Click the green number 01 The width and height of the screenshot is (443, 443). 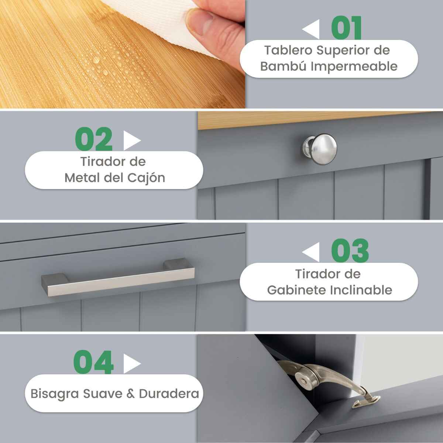point(346,28)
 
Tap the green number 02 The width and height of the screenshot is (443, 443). point(94,139)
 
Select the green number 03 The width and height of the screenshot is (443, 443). point(350,251)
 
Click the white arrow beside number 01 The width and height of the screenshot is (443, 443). point(310,29)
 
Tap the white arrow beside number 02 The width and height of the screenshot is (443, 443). point(132,140)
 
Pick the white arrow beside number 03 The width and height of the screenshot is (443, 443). point(310,252)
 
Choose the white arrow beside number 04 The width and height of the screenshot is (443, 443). point(132,364)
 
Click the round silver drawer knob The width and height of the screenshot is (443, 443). point(320,149)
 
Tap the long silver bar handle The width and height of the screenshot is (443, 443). point(118,277)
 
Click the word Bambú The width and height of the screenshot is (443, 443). point(284,66)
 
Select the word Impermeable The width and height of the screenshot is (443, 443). point(354,67)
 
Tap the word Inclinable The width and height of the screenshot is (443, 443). point(361,290)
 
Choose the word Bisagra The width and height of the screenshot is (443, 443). point(55,394)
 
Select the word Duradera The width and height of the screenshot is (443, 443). point(169,394)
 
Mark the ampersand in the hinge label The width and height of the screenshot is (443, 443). point(130,394)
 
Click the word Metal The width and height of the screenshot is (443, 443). point(82,178)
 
